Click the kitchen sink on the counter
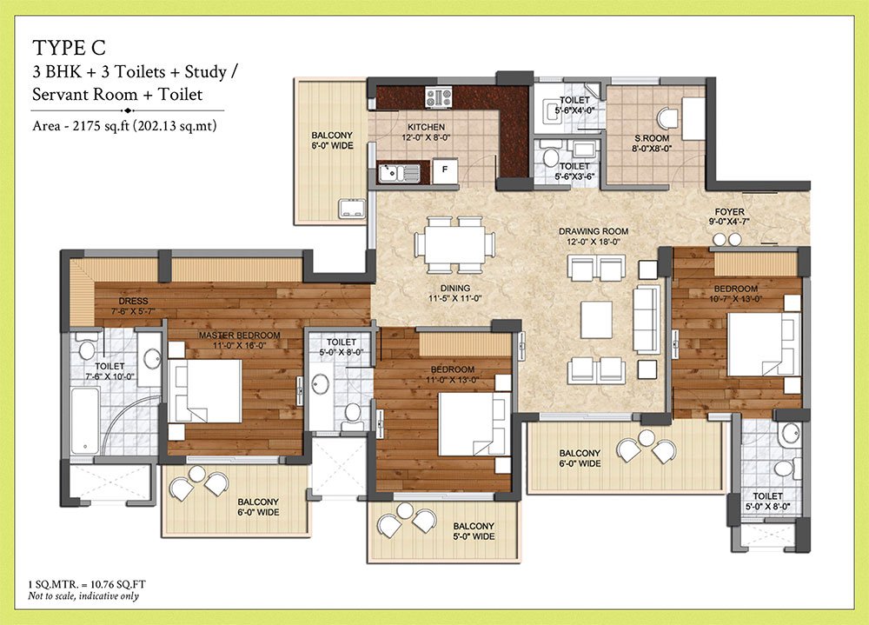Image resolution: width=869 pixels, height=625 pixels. [400, 173]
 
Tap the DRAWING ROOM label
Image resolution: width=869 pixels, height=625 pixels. [594, 231]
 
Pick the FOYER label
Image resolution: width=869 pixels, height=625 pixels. [728, 211]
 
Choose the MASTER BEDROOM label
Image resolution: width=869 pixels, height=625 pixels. [239, 335]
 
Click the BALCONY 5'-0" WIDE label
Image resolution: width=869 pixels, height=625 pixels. [473, 531]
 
